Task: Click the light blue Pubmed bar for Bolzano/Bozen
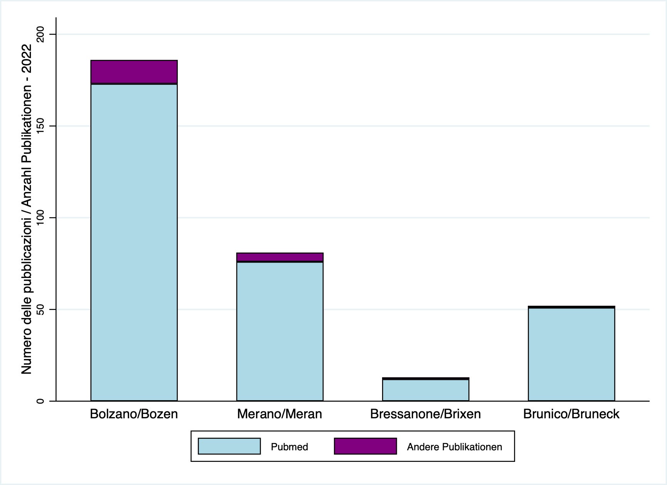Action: pyautogui.click(x=134, y=242)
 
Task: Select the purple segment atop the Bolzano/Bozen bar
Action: pyautogui.click(x=134, y=72)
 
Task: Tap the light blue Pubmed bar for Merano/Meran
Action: pyautogui.click(x=280, y=331)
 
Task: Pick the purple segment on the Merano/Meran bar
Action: pyautogui.click(x=280, y=257)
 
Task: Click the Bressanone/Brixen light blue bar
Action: pyautogui.click(x=425, y=390)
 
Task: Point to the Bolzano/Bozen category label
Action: pyautogui.click(x=134, y=414)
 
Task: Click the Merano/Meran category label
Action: pyautogui.click(x=280, y=414)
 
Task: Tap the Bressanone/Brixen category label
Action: pyautogui.click(x=425, y=414)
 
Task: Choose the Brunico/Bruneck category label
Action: pyautogui.click(x=571, y=414)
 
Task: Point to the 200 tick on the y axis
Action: pyautogui.click(x=40, y=34)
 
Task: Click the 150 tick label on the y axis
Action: pyautogui.click(x=40, y=126)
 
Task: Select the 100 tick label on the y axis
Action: pyautogui.click(x=40, y=218)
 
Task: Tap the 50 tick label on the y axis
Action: pyautogui.click(x=40, y=309)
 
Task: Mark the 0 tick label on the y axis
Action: pyautogui.click(x=40, y=401)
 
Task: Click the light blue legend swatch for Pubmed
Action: pyautogui.click(x=229, y=446)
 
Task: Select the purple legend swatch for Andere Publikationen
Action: pyautogui.click(x=365, y=446)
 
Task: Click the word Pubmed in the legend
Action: pyautogui.click(x=289, y=447)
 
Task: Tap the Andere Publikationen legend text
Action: pyautogui.click(x=454, y=447)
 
